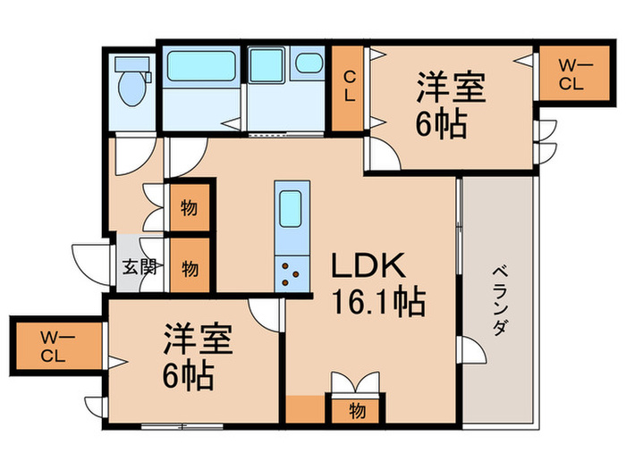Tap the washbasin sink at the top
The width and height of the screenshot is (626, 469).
tap(309, 63)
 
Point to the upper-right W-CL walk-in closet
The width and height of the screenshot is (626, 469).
tap(571, 74)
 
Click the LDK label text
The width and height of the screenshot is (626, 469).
tap(369, 267)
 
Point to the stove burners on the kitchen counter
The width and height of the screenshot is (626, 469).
tap(292, 271)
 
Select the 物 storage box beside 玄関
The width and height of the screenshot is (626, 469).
tap(190, 267)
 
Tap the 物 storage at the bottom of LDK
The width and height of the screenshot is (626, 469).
tap(357, 411)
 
